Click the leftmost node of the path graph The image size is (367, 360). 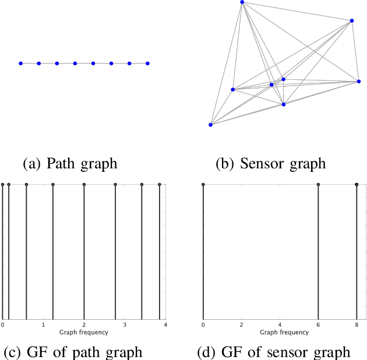(20, 63)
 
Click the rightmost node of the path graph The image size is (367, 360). (147, 63)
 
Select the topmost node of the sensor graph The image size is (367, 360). (242, 2)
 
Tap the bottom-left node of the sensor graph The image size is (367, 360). (211, 124)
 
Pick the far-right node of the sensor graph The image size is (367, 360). (358, 82)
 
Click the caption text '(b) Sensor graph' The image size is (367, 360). (270, 163)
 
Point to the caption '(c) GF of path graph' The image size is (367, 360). (73, 352)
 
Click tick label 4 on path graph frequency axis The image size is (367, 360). (165, 324)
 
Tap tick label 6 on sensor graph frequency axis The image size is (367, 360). (318, 324)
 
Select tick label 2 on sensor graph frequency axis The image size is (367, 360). (241, 324)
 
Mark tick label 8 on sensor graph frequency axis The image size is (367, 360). (357, 324)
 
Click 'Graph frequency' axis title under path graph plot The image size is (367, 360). (84, 332)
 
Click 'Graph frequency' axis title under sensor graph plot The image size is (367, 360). (284, 332)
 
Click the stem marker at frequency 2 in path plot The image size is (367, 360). (84, 185)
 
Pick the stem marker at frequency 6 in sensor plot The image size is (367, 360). (318, 185)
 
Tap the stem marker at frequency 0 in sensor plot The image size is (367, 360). (203, 185)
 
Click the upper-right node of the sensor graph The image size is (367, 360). (352, 21)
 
